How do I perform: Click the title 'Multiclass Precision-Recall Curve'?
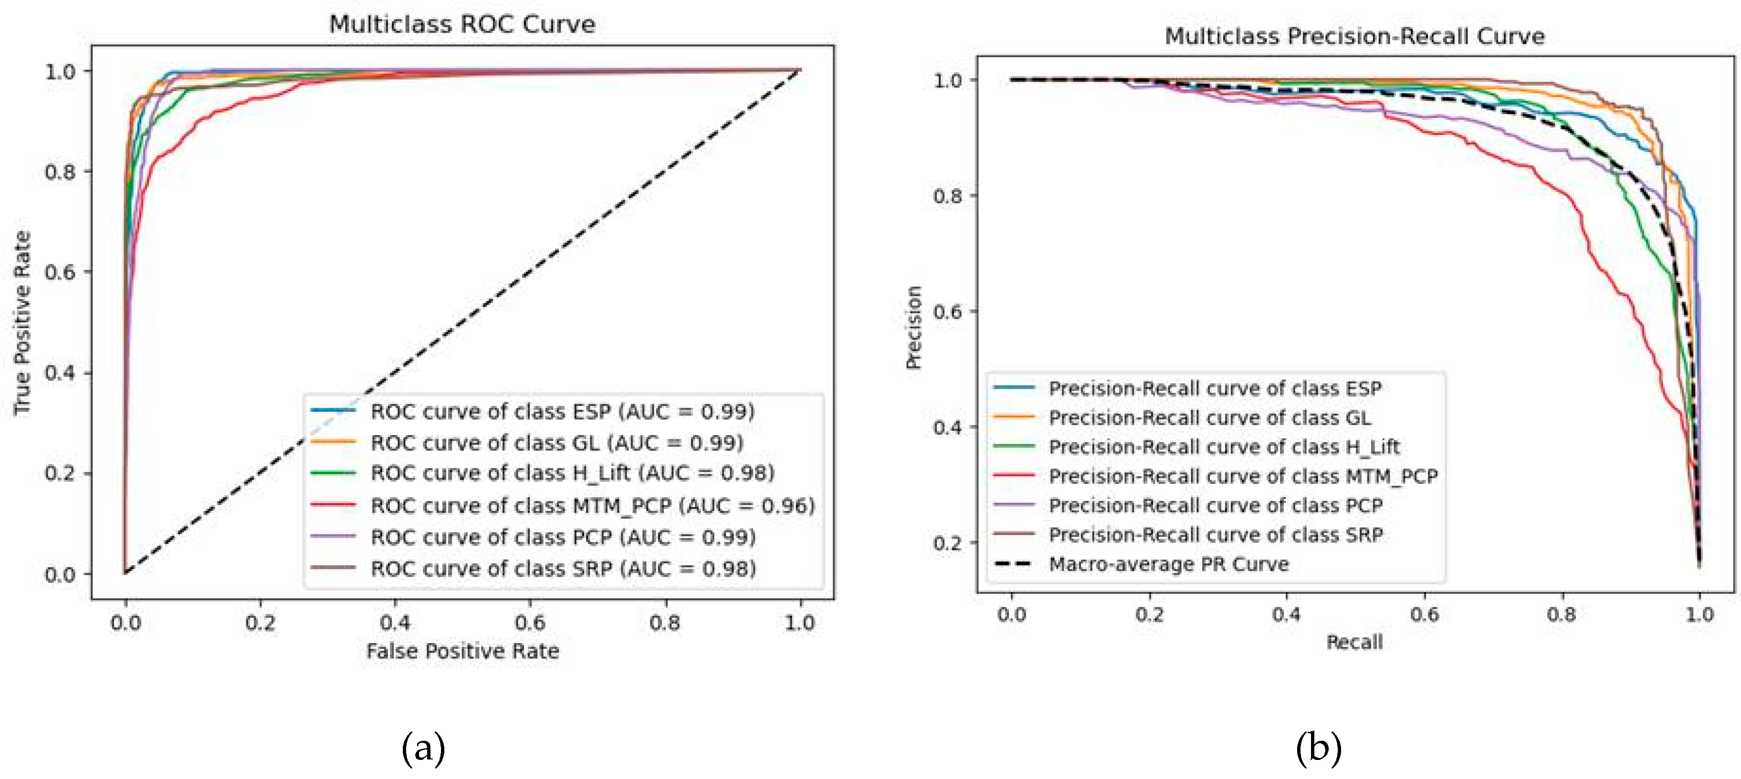tap(1354, 36)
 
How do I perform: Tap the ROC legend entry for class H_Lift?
tap(572, 473)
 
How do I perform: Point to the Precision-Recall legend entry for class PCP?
tap(1215, 505)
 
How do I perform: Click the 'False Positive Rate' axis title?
tap(462, 651)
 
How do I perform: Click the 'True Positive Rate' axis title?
tap(22, 322)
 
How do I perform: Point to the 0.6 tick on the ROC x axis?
tap(529, 622)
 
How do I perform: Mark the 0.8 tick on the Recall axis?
tap(1561, 613)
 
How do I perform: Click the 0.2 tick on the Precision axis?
tap(947, 542)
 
